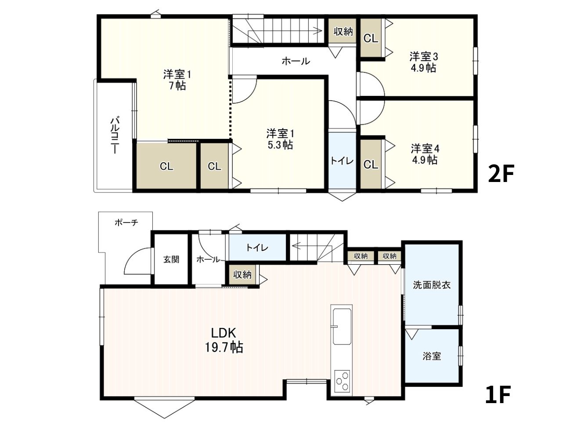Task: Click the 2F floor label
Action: [501, 174]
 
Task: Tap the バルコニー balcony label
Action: [115, 135]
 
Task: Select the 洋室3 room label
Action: [424, 57]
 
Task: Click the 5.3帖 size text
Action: [281, 145]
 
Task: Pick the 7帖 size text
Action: [177, 86]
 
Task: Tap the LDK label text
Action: [223, 333]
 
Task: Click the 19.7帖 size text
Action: [224, 347]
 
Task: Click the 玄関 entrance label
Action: [171, 259]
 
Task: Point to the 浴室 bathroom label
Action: [432, 356]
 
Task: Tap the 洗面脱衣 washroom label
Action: [432, 285]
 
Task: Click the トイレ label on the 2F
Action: [342, 161]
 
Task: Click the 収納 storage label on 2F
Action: [343, 32]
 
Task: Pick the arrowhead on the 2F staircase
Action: [319, 31]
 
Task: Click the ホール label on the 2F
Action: [296, 61]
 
